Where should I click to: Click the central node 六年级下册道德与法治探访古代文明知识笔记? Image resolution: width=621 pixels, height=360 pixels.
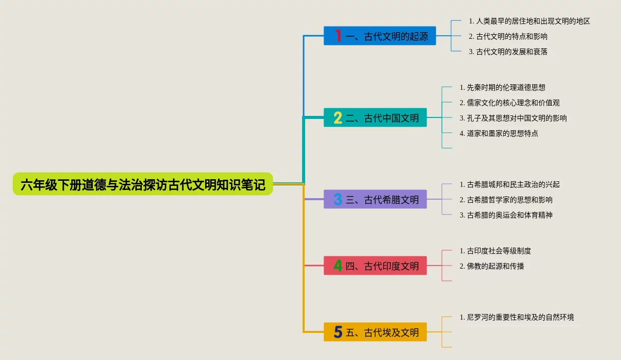click(x=143, y=184)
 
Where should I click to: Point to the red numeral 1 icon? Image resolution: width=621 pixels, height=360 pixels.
click(x=338, y=36)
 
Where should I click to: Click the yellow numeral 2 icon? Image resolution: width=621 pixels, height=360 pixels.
click(x=338, y=118)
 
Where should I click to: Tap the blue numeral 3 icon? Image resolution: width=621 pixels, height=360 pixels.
click(x=338, y=200)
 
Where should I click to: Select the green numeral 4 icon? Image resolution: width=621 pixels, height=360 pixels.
click(x=338, y=266)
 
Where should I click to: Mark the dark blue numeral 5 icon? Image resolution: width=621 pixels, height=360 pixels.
click(x=338, y=332)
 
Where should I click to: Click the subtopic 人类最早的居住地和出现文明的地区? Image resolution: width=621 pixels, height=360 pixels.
click(x=529, y=21)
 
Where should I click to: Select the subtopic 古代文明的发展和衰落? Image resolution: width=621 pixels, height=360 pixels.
click(x=508, y=52)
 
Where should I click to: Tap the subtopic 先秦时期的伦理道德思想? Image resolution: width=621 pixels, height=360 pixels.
click(x=502, y=88)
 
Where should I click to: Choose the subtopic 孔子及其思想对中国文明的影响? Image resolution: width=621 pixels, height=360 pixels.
click(x=513, y=118)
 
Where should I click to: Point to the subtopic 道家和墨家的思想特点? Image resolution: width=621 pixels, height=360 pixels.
click(x=499, y=133)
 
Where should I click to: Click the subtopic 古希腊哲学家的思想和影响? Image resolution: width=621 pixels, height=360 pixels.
click(x=506, y=200)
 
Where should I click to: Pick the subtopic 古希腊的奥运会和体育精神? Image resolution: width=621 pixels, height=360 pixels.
click(x=506, y=215)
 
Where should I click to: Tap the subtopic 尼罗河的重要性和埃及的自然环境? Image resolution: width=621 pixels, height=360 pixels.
click(x=516, y=317)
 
